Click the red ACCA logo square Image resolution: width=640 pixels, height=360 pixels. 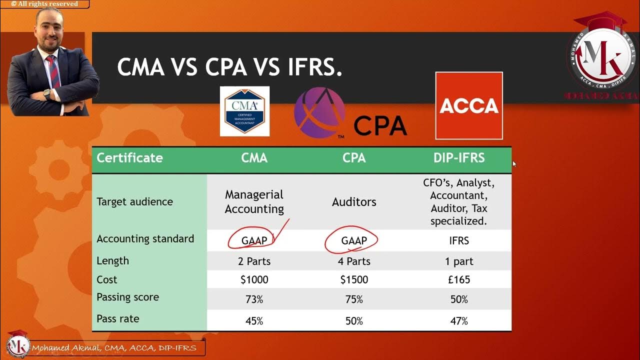[x=469, y=105]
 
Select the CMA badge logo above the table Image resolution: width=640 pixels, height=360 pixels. [x=244, y=111]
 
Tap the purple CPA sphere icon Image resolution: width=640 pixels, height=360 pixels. [x=319, y=112]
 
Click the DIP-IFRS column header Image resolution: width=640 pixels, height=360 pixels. [x=459, y=158]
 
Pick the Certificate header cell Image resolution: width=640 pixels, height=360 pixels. [x=129, y=158]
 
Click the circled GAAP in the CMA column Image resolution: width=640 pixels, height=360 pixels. [x=254, y=240]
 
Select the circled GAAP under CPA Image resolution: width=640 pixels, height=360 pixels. [x=353, y=240]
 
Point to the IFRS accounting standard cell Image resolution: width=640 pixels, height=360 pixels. [x=459, y=240]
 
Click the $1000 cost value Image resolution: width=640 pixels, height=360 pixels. [x=254, y=279]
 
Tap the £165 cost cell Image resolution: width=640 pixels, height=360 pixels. [x=459, y=279]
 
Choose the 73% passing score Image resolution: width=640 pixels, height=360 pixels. [x=254, y=299]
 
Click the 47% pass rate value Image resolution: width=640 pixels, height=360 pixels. [x=459, y=321]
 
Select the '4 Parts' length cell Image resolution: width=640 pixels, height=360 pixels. [x=353, y=261]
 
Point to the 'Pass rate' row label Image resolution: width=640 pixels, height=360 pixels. [x=118, y=318]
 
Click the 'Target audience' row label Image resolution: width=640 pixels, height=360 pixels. [x=134, y=201]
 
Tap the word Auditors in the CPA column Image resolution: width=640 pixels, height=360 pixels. [x=353, y=202]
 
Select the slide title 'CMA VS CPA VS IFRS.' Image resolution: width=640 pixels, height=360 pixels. [x=229, y=66]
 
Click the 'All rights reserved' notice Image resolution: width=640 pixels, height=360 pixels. [x=44, y=4]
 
